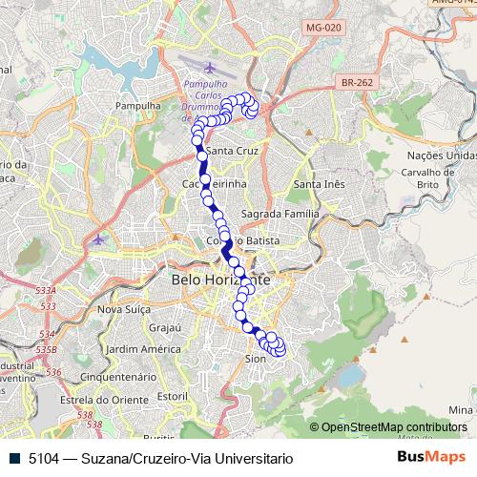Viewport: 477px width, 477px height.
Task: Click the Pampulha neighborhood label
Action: click(x=136, y=105)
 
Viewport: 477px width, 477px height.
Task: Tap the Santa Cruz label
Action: click(x=233, y=152)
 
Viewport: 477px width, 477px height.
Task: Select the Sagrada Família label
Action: click(x=279, y=214)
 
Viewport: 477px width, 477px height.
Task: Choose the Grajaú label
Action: click(x=165, y=327)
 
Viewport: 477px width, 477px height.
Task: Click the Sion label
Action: click(x=255, y=359)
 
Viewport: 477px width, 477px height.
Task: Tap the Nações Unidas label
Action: click(x=441, y=155)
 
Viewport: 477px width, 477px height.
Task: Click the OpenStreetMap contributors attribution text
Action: click(x=394, y=427)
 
